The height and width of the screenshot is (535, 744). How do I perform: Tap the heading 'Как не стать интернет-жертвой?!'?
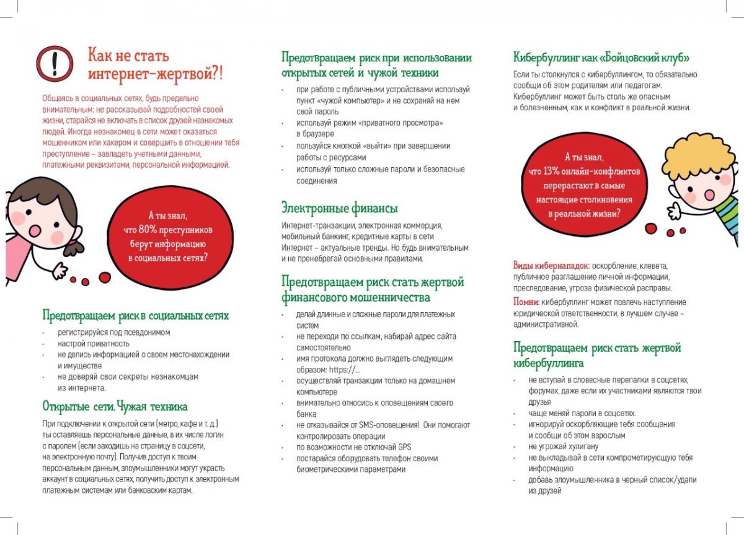click(155, 64)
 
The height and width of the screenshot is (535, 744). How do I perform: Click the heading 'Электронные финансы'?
click(339, 208)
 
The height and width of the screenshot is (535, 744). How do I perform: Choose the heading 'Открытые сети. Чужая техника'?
click(115, 407)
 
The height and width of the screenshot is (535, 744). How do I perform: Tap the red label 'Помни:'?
click(526, 302)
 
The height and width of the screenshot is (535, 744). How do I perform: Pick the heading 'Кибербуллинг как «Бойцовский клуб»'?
click(601, 58)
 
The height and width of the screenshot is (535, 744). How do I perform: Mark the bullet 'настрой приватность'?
click(94, 344)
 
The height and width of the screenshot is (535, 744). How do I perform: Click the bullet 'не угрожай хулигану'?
click(563, 446)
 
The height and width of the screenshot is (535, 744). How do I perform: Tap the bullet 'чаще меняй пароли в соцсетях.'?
click(582, 413)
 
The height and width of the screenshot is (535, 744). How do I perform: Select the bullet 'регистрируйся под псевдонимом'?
click(114, 333)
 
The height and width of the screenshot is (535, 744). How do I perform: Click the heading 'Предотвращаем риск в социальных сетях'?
click(135, 316)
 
